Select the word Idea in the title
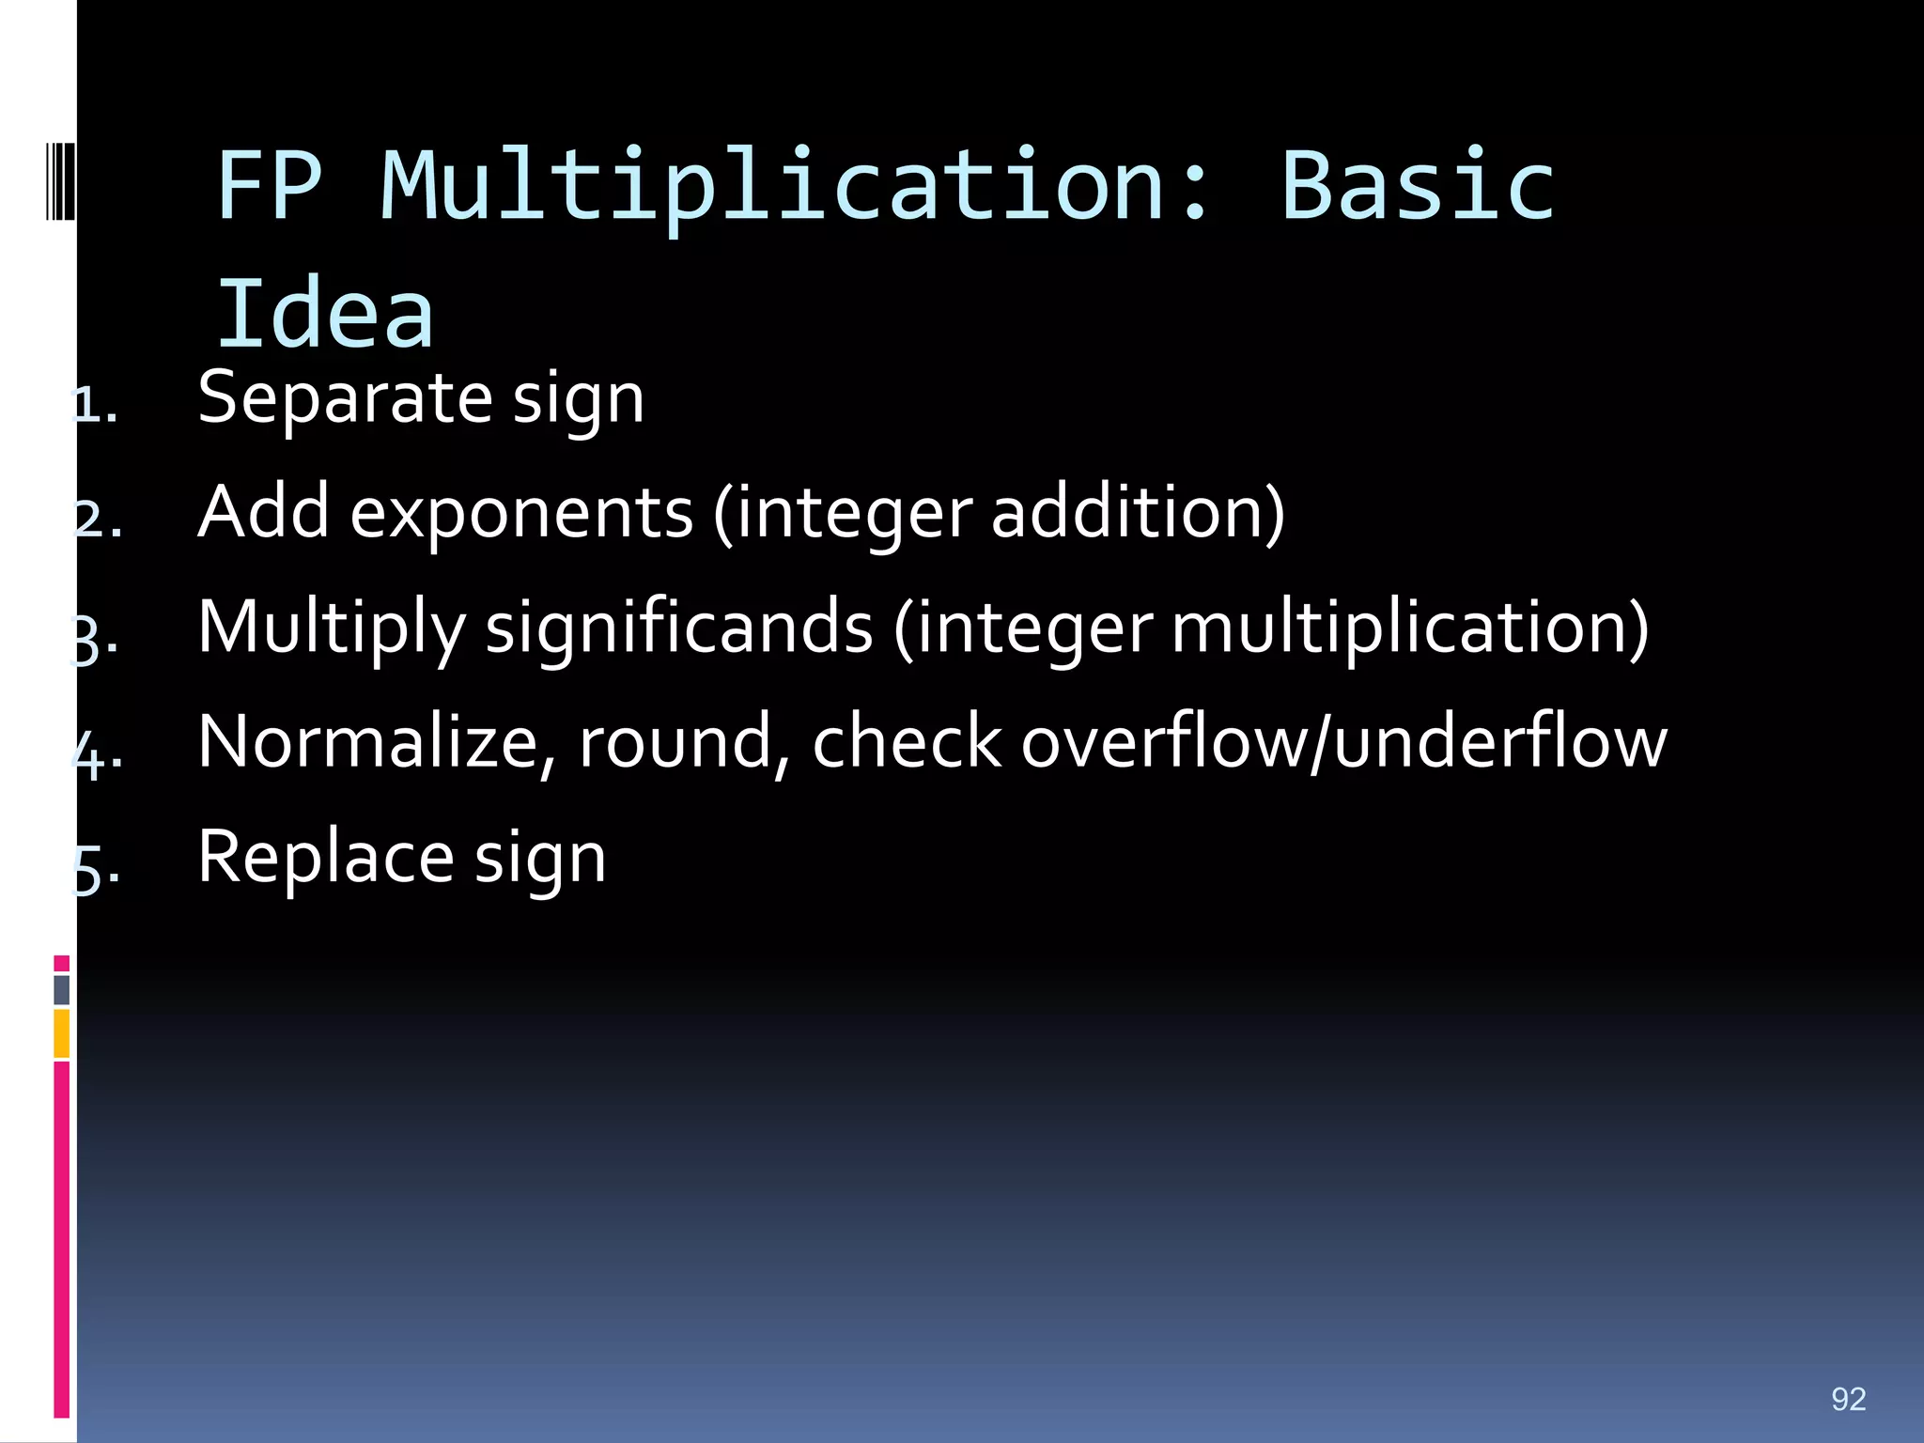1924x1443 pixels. pos(325,315)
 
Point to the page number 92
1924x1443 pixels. pos(1848,1399)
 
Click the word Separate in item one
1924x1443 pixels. pos(345,399)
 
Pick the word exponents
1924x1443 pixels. pos(521,514)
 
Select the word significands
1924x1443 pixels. pos(679,628)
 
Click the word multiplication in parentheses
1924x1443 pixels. pos(1400,628)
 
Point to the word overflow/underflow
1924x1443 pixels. pos(1343,742)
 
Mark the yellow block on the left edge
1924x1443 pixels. pos(62,1033)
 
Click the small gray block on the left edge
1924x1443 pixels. pos(62,990)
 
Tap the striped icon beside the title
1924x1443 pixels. pos(60,180)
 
